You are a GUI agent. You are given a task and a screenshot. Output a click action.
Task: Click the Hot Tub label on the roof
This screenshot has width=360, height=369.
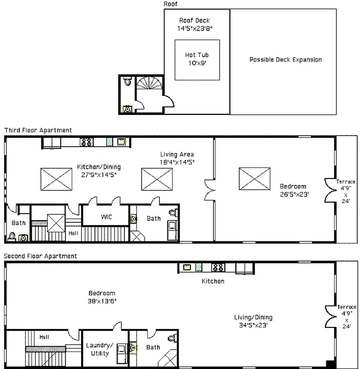pos(197,55)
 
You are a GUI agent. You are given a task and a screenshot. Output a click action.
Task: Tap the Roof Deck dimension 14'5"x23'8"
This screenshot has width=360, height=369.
pos(195,29)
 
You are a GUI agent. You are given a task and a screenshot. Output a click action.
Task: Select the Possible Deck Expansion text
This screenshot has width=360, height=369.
pos(285,60)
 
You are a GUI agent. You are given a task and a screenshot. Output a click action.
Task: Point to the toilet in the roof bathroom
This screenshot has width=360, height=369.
pos(127,81)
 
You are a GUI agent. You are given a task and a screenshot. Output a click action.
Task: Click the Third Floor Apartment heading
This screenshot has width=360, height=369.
pos(38,130)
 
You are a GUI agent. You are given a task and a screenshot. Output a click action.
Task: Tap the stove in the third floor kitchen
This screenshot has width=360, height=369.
pos(86,142)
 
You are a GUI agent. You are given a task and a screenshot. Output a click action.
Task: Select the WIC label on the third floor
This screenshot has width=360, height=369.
pos(106,217)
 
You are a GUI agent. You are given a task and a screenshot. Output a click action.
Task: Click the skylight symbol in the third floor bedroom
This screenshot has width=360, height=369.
pos(254,179)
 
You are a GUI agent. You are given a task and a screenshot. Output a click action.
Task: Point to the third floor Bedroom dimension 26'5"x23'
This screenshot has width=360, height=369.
pos(294,195)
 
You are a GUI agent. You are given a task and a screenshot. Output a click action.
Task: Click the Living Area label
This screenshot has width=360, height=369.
pos(177,155)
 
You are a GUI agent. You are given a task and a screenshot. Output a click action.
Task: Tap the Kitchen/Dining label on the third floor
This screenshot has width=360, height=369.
pos(99,167)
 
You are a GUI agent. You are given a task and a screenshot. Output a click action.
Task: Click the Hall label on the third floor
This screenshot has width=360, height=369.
pos(73,233)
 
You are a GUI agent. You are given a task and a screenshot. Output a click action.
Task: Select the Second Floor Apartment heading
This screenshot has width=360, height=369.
pos(40,256)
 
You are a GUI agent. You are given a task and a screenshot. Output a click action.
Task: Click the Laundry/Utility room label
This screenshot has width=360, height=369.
pos(100,349)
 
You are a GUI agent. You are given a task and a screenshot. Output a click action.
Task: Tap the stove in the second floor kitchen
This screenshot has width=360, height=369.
pos(218,268)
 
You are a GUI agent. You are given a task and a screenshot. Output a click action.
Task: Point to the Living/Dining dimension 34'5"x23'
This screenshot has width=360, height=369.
pos(253,325)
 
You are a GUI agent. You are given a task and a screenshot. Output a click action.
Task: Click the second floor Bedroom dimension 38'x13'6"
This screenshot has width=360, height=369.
pos(102,301)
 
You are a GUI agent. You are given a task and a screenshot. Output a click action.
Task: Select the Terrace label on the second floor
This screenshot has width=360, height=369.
pos(347,307)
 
